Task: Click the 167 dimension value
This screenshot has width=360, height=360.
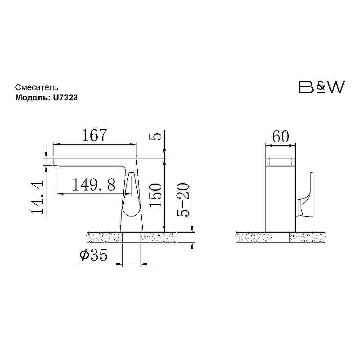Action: pos(94,135)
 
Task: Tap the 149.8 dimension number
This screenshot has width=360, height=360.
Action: pos(94,185)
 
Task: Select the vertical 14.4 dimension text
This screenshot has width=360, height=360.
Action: pos(37,198)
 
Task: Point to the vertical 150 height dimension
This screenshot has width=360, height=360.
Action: pos(155,195)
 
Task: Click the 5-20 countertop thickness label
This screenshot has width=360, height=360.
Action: pos(183,200)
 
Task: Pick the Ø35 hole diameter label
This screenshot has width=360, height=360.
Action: pos(94,255)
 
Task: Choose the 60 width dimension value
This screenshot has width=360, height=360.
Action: pos(280,136)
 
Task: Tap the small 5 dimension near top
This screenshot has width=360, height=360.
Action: pos(155,137)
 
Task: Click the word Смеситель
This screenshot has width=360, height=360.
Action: pos(37,87)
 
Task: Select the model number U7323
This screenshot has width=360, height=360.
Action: pos(65,98)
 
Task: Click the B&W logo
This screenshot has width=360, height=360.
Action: pos(321,87)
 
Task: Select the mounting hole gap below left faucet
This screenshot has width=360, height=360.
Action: pos(131,238)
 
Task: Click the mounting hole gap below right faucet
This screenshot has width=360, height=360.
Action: pos(280,238)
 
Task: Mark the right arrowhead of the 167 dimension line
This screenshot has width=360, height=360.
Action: pos(133,144)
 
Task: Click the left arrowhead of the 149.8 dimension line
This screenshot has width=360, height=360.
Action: pos(60,194)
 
